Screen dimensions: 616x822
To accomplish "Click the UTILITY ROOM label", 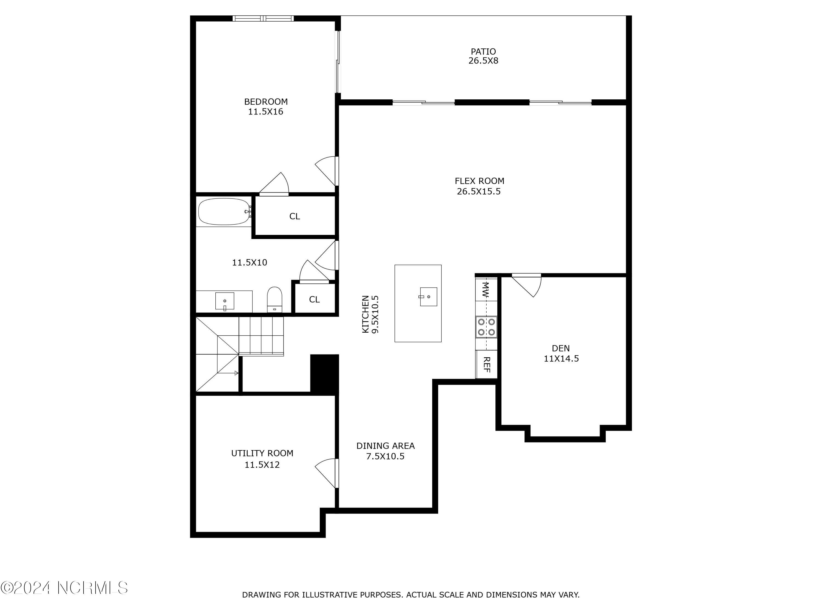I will (x=262, y=453).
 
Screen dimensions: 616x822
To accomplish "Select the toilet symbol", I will (x=275, y=299).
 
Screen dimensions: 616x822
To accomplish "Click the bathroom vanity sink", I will (x=225, y=301).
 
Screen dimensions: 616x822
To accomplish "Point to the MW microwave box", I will (x=486, y=290).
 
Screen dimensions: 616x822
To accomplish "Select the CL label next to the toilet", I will (x=314, y=300).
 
